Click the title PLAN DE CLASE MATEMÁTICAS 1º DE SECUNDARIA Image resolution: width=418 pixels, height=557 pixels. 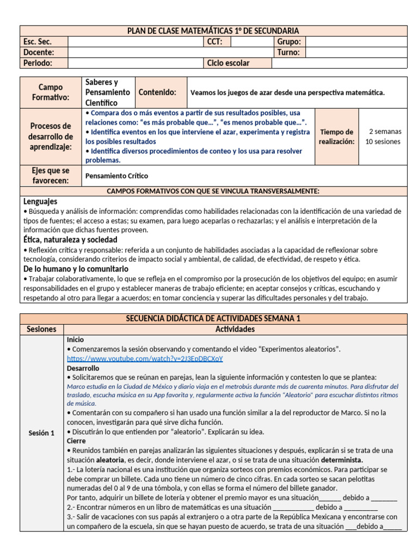pyautogui.click(x=213, y=31)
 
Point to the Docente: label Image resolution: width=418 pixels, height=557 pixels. pyautogui.click(x=38, y=52)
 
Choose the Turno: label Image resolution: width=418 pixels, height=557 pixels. pyautogui.click(x=288, y=52)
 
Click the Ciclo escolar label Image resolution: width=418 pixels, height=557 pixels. pyautogui.click(x=228, y=63)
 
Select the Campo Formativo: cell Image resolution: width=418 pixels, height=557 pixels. pyautogui.click(x=51, y=92)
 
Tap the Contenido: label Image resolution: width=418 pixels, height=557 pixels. pyautogui.click(x=157, y=92)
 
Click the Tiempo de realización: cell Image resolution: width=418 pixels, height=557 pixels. pyautogui.click(x=336, y=137)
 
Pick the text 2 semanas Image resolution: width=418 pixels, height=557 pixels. pyautogui.click(x=385, y=132)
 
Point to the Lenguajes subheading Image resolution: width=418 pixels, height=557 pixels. pyautogui.click(x=41, y=201)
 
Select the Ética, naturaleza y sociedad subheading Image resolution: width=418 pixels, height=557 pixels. pyautogui.click(x=70, y=239)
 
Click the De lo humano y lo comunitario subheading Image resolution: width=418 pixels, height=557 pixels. pyautogui.click(x=76, y=269)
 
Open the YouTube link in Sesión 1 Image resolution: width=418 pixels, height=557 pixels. pyautogui.click(x=145, y=358)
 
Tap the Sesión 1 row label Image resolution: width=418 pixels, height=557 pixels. pyautogui.click(x=41, y=433)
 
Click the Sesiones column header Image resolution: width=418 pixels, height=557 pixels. pyautogui.click(x=41, y=329)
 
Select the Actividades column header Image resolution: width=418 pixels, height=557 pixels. pyautogui.click(x=235, y=329)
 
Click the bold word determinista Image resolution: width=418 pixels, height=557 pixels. pyautogui.click(x=341, y=460)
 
